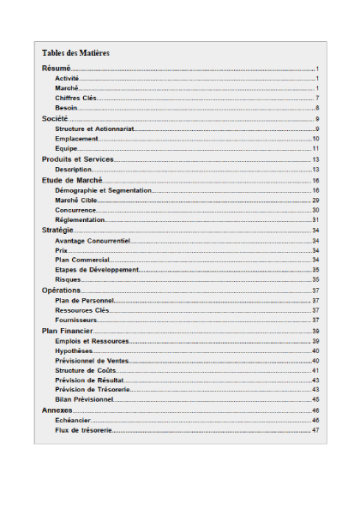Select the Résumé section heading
(57, 68)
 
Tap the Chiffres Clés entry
(75, 98)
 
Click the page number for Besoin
(316, 108)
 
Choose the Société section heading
(56, 118)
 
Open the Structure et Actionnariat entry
(94, 129)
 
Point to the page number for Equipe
(315, 148)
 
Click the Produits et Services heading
(78, 159)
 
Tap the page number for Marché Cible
(315, 200)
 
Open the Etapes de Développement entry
(96, 270)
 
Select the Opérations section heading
(62, 290)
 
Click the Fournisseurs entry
(75, 320)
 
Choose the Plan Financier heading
(68, 331)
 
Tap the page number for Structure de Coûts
(315, 370)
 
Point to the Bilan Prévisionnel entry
(84, 399)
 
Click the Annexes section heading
(57, 411)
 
